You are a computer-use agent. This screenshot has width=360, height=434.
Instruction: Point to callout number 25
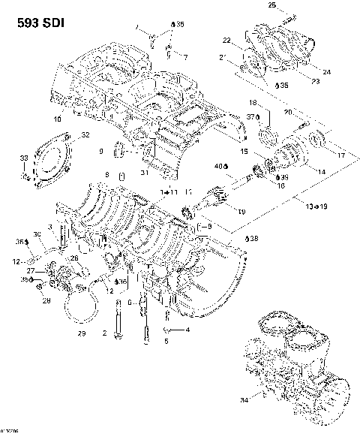coord(271,6)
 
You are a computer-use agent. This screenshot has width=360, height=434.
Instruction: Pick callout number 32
coord(85,135)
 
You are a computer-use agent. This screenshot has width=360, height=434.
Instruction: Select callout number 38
coord(253,237)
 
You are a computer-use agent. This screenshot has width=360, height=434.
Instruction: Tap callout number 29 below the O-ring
coord(82,332)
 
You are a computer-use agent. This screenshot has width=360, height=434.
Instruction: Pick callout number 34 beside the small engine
coord(244,400)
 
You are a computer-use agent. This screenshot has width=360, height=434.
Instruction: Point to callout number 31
coord(143,173)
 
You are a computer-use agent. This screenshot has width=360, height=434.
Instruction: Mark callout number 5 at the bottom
coord(166,340)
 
